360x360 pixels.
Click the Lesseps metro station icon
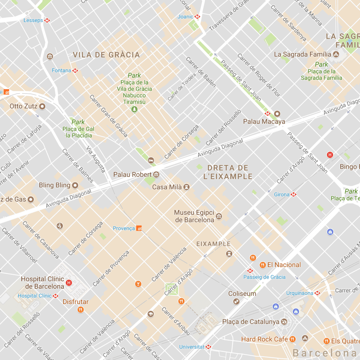pyautogui.click(x=47, y=20)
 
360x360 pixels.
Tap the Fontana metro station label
pyautogui.click(x=62, y=70)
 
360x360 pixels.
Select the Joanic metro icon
pyautogui.click(x=198, y=17)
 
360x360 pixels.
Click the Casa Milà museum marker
pyautogui.click(x=187, y=187)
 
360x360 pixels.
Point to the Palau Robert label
pyautogui.click(x=132, y=175)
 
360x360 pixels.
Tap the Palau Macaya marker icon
pyautogui.click(x=277, y=114)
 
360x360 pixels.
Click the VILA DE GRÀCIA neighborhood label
pyautogui.click(x=106, y=55)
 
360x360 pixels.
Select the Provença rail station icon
pyautogui.click(x=139, y=229)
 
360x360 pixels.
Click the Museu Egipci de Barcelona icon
pyautogui.click(x=219, y=216)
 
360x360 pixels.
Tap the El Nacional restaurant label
pyautogui.click(x=284, y=265)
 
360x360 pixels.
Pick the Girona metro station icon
pyautogui.click(x=294, y=194)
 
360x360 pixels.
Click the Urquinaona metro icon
pyautogui.click(x=317, y=293)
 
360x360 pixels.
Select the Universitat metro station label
pyautogui.click(x=192, y=347)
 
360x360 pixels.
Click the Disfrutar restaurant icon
pyautogui.click(x=81, y=310)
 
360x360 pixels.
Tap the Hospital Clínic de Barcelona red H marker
pyautogui.click(x=69, y=283)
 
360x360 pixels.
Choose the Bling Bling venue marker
pyautogui.click(x=75, y=185)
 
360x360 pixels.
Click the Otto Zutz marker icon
pyautogui.click(x=43, y=106)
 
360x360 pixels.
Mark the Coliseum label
pyautogui.click(x=242, y=294)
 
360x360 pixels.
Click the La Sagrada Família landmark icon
pyautogui.click(x=335, y=54)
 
